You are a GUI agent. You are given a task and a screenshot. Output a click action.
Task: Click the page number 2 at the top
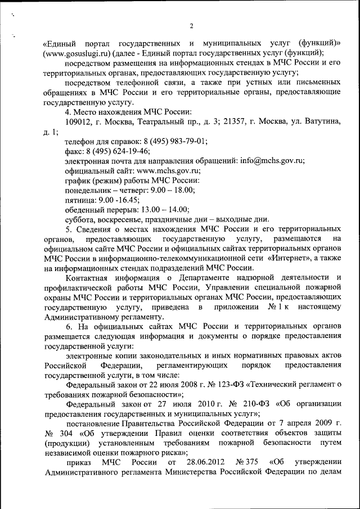pos(191,26)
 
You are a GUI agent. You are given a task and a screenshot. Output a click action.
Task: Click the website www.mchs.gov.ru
pos(168,170)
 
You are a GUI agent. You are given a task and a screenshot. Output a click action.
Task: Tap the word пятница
pos(82,200)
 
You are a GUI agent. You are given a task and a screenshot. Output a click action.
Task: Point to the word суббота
pos(82,219)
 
